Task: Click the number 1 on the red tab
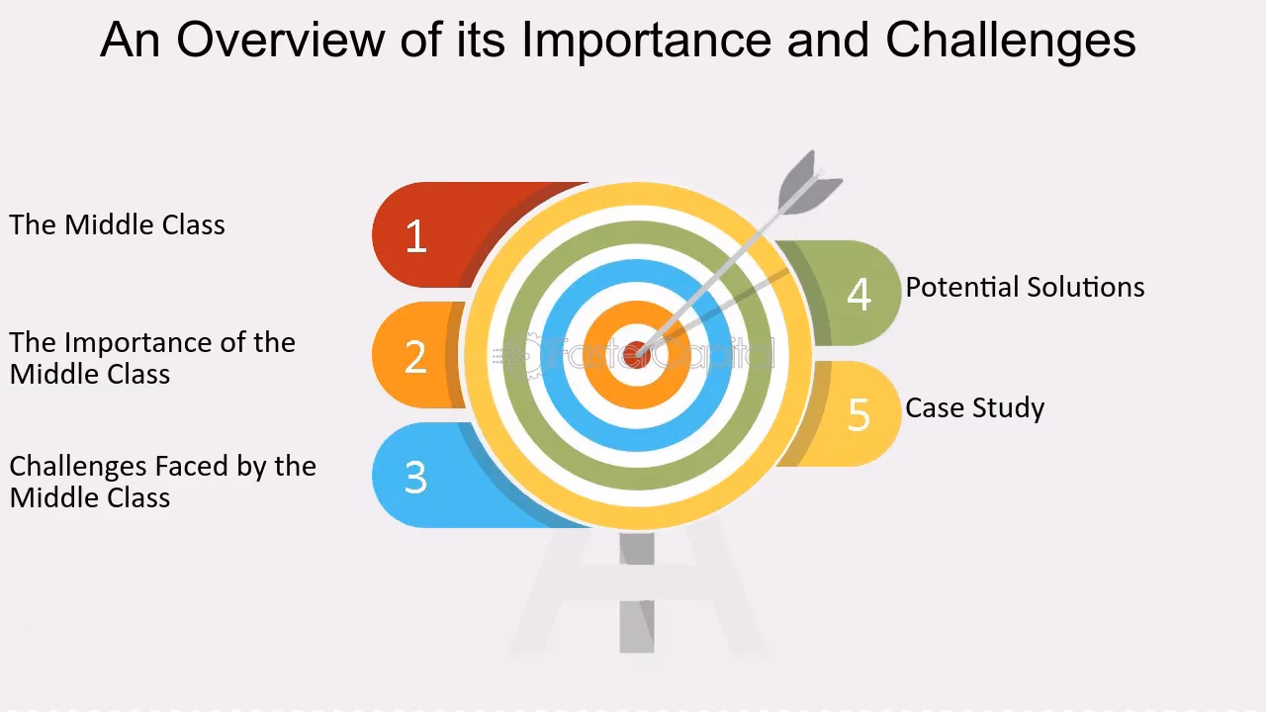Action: [415, 236]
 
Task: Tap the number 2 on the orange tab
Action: [415, 357]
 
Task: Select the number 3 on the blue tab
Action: [415, 478]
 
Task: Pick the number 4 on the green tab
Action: [859, 294]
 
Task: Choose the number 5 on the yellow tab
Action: [859, 414]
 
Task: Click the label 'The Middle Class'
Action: [117, 224]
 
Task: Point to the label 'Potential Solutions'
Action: [1025, 287]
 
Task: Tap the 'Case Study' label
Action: [974, 407]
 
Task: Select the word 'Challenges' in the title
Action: [1010, 41]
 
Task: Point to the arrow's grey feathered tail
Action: [809, 182]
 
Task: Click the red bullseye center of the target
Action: [639, 351]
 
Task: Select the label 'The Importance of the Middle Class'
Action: [152, 358]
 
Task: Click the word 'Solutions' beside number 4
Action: [1085, 287]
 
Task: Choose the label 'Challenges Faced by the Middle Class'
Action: [162, 482]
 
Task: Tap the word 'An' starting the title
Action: [130, 41]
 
